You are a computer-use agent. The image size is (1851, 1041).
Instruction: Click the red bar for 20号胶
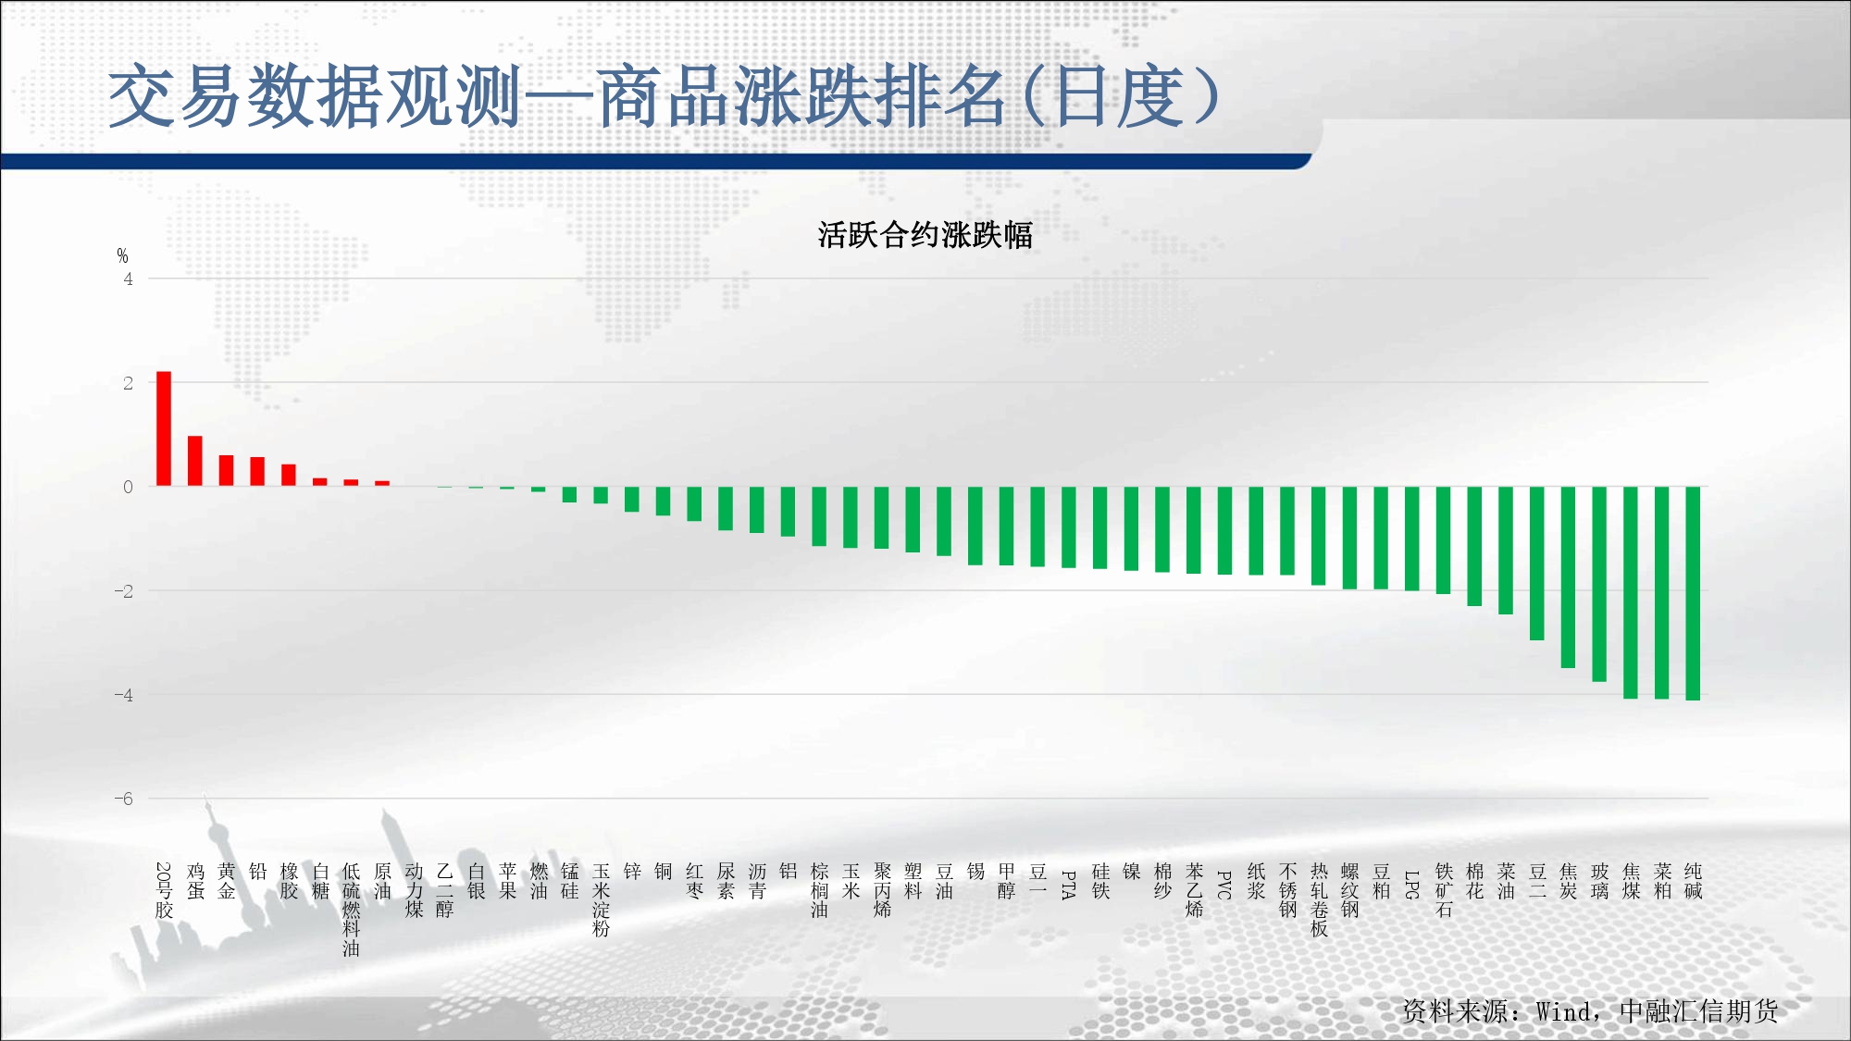(164, 428)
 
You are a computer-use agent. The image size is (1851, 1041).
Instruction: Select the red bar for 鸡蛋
(195, 461)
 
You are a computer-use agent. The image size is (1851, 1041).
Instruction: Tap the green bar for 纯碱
(1693, 593)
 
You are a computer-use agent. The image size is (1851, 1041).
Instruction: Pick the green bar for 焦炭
(1568, 577)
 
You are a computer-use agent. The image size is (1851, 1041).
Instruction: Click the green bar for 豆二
(1537, 564)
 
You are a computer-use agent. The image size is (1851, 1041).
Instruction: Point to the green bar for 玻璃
(1599, 584)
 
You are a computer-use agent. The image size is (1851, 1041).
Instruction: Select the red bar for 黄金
(226, 471)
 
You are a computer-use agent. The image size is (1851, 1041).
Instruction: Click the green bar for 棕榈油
(819, 516)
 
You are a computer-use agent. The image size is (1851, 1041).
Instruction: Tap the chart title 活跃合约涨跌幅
(925, 235)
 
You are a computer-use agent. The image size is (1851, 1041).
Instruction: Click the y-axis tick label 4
(129, 279)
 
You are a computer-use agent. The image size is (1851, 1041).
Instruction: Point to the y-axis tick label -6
(124, 799)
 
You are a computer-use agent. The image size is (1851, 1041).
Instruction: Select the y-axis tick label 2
(129, 383)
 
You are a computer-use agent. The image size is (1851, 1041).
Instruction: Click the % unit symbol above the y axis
(123, 256)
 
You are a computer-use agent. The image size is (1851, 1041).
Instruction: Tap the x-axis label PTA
(1068, 886)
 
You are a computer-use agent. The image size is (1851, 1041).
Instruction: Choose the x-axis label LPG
(1411, 886)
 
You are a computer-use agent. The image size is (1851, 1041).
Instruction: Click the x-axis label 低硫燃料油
(351, 910)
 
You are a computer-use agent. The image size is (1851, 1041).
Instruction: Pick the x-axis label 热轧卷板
(1319, 900)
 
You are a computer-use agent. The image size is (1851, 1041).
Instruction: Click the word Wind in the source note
(1565, 1011)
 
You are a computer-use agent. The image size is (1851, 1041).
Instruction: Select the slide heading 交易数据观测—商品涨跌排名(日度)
(664, 96)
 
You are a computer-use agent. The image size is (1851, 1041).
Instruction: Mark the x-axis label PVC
(1224, 886)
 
